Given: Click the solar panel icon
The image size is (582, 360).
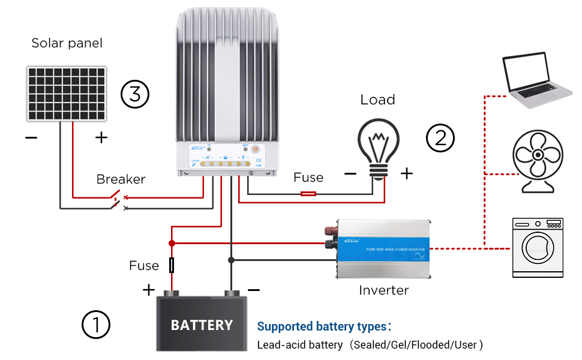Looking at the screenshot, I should pyautogui.click(x=67, y=94).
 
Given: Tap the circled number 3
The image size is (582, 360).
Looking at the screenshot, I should pyautogui.click(x=134, y=94).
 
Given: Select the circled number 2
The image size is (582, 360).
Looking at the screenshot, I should pyautogui.click(x=440, y=138).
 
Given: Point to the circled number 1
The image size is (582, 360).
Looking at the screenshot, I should pyautogui.click(x=96, y=325).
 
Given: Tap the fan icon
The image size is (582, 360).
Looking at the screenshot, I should pyautogui.click(x=538, y=162).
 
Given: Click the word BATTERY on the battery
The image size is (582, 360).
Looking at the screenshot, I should pyautogui.click(x=202, y=325).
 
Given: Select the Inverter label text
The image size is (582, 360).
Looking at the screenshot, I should pyautogui.click(x=384, y=290).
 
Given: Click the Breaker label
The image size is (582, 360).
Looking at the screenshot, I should pyautogui.click(x=121, y=179).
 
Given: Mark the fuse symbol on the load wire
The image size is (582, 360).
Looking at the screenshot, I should pyautogui.click(x=308, y=194).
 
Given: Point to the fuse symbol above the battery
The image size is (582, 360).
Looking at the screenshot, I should pyautogui.click(x=172, y=265).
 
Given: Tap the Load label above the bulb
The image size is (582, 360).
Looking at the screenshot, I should pyautogui.click(x=377, y=100).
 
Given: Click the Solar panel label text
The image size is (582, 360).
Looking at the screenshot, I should pyautogui.click(x=67, y=43).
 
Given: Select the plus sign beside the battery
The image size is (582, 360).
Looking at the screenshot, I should pyautogui.click(x=149, y=290).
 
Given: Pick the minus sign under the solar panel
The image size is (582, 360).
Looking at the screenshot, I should pyautogui.click(x=31, y=138).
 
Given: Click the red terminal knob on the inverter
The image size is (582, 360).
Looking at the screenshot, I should pyautogui.click(x=329, y=231).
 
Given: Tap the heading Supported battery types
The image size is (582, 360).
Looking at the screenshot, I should pyautogui.click(x=324, y=326).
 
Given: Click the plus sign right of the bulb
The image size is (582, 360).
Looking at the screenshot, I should pyautogui.click(x=407, y=173).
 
